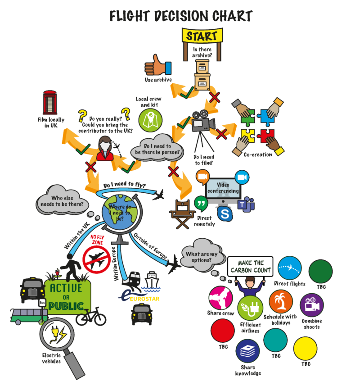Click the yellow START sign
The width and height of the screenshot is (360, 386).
tap(202, 36)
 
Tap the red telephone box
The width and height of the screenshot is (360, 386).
tap(50, 103)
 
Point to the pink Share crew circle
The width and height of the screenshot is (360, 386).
tap(221, 298)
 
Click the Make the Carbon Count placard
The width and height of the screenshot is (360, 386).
tap(250, 266)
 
